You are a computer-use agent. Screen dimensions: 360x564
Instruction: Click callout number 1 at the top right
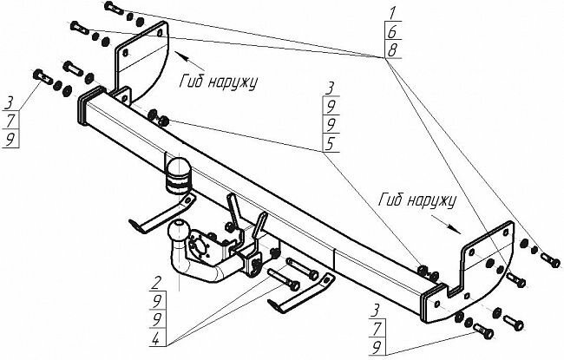392,12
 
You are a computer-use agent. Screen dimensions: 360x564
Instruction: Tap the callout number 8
392,49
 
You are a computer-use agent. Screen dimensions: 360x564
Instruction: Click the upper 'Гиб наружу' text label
220,81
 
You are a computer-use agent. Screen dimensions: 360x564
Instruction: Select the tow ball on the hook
178,232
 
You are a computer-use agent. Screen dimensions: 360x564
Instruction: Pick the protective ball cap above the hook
179,171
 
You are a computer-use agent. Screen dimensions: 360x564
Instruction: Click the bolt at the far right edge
549,258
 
